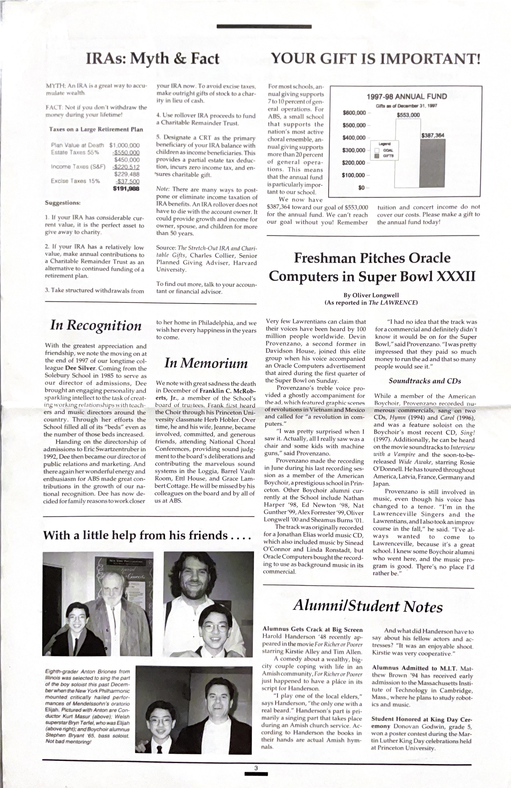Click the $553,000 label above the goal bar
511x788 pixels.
[408, 115]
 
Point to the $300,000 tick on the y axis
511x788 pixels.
[354, 150]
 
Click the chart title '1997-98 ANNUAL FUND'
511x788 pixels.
[406, 97]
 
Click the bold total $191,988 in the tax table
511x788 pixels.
[126, 189]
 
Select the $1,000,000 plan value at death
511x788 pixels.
[124, 145]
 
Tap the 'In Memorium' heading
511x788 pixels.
[206, 363]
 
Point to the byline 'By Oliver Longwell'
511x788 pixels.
[371, 295]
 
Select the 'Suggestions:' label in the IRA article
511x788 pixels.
[63, 203]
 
